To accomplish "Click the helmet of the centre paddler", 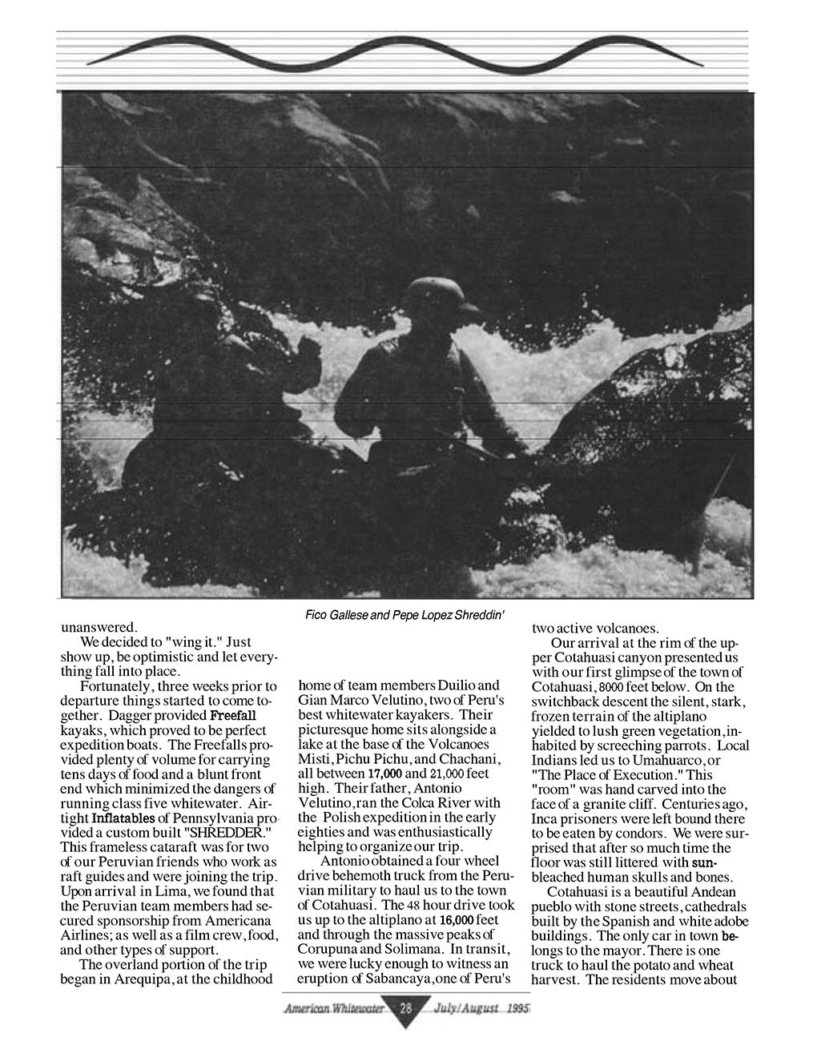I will pos(433,295).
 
